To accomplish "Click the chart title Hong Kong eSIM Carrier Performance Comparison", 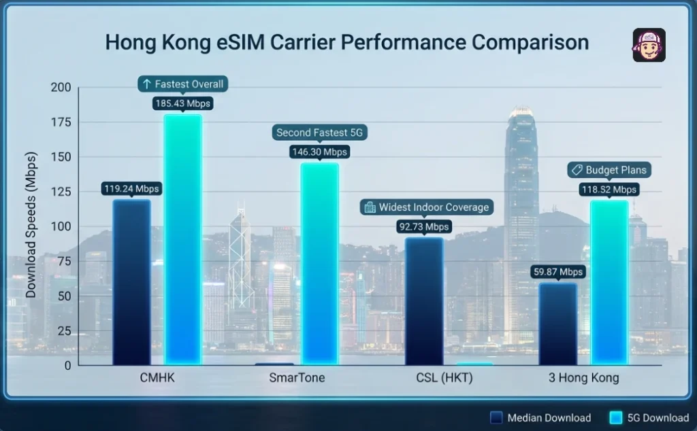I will [346, 42].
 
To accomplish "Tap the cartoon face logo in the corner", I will [648, 46].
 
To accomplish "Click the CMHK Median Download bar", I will [131, 281].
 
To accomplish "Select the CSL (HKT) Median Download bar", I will [423, 300].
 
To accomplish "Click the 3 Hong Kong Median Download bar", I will [557, 323].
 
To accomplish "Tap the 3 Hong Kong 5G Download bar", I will [609, 281].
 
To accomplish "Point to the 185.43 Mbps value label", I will [183, 104].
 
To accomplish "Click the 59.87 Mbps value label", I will [557, 272].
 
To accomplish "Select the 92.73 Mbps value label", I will [423, 226].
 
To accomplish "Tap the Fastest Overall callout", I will [182, 84].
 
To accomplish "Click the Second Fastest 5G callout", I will [319, 133].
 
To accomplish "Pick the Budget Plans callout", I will [609, 170].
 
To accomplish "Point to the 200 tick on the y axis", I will [61, 87].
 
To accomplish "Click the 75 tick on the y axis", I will [63, 261].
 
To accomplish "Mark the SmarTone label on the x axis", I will [297, 378].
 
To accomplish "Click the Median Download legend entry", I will [541, 418].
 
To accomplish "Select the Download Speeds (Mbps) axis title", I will [31, 224].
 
